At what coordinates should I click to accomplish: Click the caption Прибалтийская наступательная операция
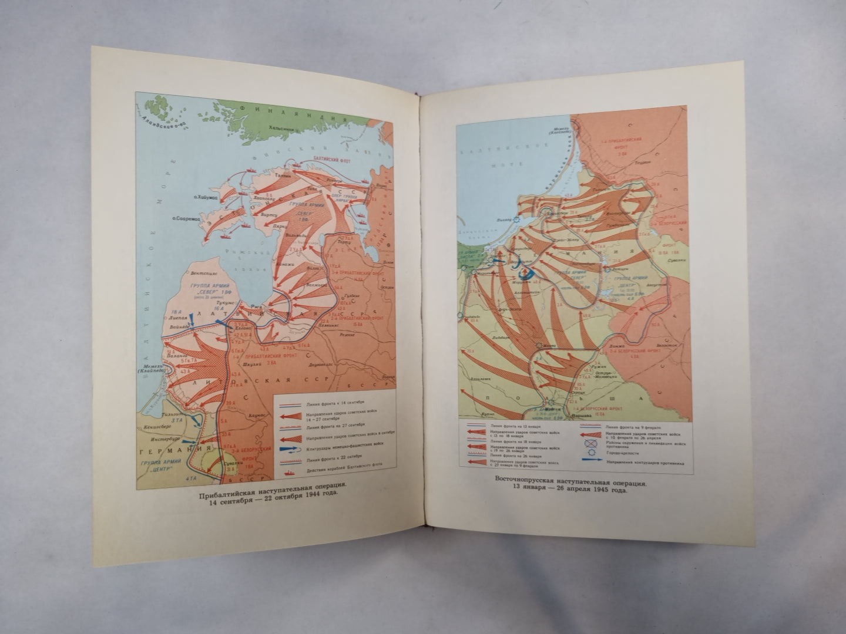[x=264, y=485]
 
